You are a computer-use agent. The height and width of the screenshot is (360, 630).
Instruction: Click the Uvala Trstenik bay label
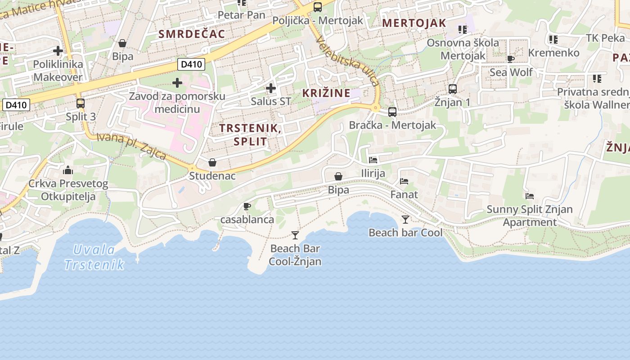point(94,257)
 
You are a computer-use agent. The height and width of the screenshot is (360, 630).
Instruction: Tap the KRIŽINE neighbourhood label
point(326,93)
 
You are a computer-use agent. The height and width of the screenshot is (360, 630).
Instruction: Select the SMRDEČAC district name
point(192,34)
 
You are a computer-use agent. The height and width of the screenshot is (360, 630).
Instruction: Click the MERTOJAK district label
point(414,23)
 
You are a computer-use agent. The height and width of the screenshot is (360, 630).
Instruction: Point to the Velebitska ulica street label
point(347,61)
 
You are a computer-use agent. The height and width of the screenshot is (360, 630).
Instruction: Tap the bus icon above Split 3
point(81,103)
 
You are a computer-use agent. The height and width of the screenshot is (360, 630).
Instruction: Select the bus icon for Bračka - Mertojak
point(392,112)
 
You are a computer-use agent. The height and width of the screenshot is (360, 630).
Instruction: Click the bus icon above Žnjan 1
point(453,89)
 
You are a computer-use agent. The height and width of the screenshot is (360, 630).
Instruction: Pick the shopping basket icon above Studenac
point(212,162)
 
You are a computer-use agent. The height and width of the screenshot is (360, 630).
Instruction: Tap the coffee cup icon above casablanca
point(247,206)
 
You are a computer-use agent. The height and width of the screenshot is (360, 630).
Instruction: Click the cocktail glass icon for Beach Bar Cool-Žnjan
point(295,235)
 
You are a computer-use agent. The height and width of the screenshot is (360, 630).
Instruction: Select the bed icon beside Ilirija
point(373,160)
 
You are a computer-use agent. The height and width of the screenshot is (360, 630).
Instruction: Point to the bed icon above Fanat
point(404,181)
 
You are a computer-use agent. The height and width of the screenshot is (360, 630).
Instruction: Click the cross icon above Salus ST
point(271,88)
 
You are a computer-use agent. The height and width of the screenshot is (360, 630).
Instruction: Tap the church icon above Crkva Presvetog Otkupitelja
point(68,170)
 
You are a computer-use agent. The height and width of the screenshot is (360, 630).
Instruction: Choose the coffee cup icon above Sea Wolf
point(511,59)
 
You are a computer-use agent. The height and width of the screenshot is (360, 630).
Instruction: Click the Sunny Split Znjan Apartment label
point(530,216)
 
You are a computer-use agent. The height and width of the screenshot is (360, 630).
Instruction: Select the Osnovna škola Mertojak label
point(463,49)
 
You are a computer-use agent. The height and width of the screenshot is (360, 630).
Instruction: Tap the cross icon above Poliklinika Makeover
point(58,51)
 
